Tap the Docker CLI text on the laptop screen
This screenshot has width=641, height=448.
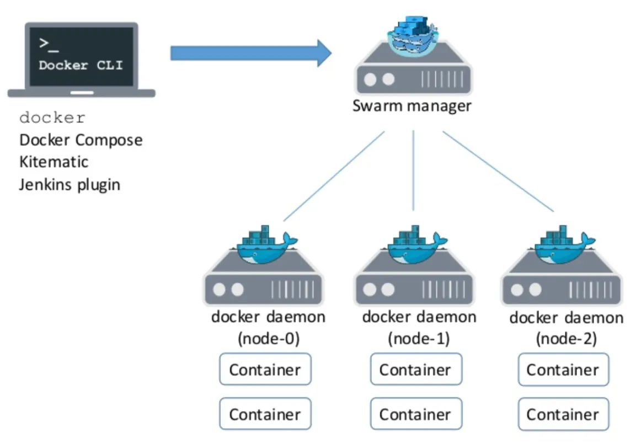click(x=81, y=65)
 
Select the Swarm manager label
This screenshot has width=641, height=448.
click(x=412, y=105)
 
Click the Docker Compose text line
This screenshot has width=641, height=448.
click(x=81, y=140)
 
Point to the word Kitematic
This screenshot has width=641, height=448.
click(x=54, y=162)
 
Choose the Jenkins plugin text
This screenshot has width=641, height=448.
click(x=70, y=184)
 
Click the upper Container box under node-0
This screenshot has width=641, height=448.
click(x=265, y=370)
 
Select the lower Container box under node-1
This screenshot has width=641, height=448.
click(x=415, y=414)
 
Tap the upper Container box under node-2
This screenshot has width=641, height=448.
click(x=563, y=370)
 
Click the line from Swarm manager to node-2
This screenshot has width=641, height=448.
click(x=498, y=172)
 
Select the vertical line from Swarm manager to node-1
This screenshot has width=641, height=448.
click(x=414, y=171)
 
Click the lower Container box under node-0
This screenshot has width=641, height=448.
click(x=265, y=414)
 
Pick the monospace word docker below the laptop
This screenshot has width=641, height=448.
click(x=52, y=118)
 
